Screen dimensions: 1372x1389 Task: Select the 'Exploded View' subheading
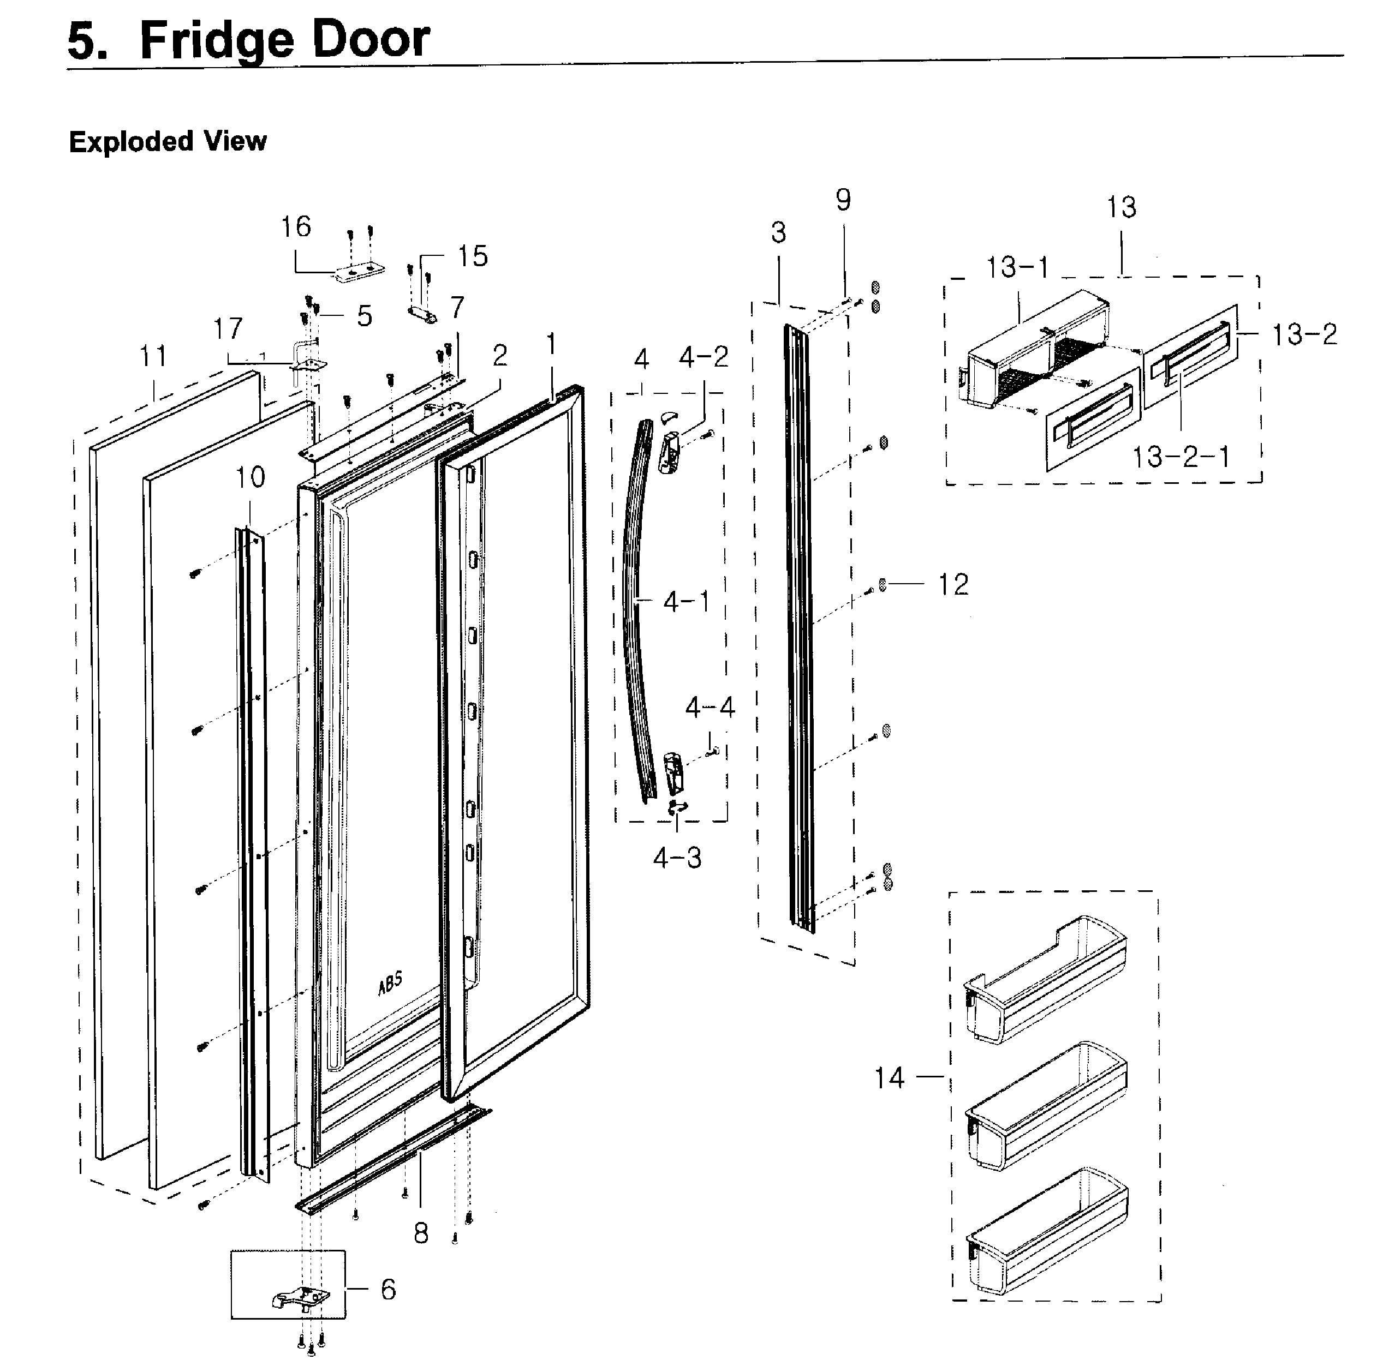click(x=168, y=142)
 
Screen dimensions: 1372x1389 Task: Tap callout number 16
click(x=295, y=227)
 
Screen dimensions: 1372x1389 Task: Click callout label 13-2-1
click(x=1181, y=457)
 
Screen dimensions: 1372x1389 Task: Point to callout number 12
click(x=953, y=584)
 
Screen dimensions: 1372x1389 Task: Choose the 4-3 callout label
click(x=677, y=858)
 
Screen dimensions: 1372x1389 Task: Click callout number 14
click(x=889, y=1078)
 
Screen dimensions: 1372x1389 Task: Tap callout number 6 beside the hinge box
click(x=388, y=1289)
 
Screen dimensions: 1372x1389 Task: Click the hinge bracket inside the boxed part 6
click(x=301, y=1297)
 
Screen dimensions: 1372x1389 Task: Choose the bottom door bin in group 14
click(x=1047, y=1230)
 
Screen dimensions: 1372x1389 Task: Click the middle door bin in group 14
click(x=1047, y=1105)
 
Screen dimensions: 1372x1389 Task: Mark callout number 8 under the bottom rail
click(x=421, y=1233)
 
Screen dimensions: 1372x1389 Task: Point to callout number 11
click(x=153, y=356)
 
